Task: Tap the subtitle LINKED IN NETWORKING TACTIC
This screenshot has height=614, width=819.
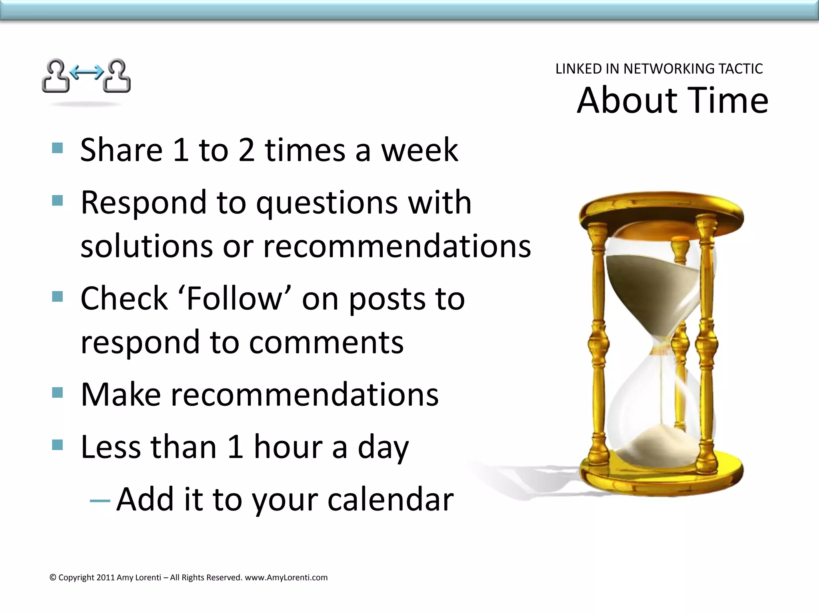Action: pyautogui.click(x=659, y=69)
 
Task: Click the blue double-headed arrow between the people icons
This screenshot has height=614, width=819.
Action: pyautogui.click(x=86, y=72)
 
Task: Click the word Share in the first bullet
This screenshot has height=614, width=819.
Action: pyautogui.click(x=121, y=150)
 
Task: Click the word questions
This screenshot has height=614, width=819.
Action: pyautogui.click(x=327, y=203)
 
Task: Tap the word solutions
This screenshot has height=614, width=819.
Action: pyautogui.click(x=146, y=246)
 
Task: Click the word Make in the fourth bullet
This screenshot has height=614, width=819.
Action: pyautogui.click(x=120, y=395)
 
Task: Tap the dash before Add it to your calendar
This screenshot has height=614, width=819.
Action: pyautogui.click(x=100, y=500)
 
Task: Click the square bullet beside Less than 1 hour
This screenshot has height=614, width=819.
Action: pyautogui.click(x=58, y=445)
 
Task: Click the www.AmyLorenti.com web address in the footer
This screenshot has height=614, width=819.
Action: pyautogui.click(x=286, y=577)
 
